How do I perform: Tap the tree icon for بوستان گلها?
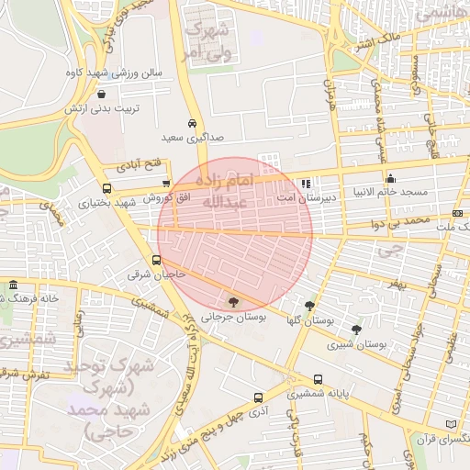(309, 306)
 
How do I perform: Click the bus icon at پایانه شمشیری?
(318, 379)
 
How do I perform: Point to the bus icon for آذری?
(258, 397)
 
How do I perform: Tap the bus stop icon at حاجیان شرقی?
(158, 260)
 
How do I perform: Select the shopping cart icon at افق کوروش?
(165, 184)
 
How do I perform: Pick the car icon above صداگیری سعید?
(191, 123)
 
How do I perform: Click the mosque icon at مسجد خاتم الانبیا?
(391, 178)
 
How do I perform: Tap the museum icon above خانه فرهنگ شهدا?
(12, 285)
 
